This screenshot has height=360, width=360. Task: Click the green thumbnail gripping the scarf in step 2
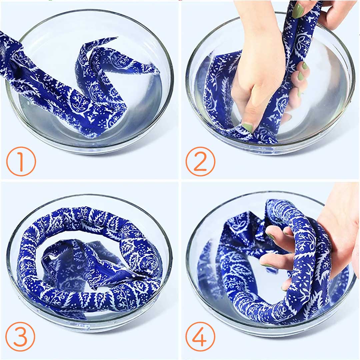298,11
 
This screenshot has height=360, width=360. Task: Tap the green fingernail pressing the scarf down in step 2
247,127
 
